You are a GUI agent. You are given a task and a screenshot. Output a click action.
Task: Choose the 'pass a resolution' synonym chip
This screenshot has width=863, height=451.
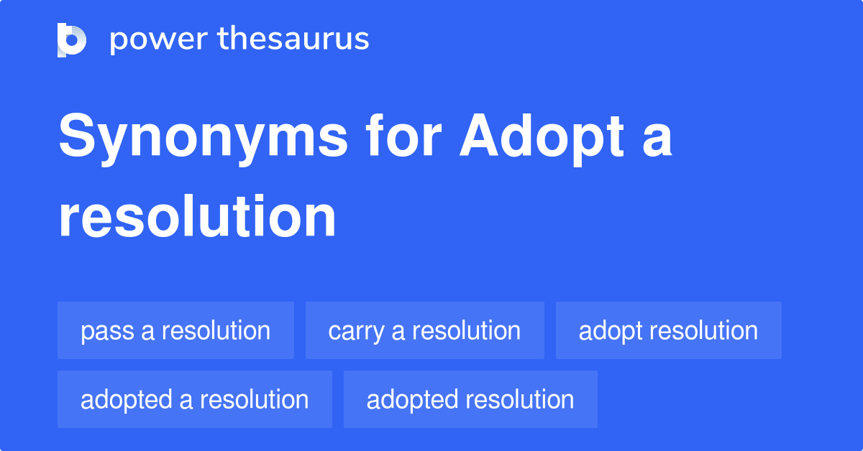175,330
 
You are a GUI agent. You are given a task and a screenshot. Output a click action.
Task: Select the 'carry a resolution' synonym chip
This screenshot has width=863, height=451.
424,330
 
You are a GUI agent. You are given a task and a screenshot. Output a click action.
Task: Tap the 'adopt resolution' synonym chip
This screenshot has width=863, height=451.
668,330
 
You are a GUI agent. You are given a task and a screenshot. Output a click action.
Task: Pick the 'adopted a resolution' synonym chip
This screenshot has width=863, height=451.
194,399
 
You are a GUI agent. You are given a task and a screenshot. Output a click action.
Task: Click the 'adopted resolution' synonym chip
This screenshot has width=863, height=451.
470,399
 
